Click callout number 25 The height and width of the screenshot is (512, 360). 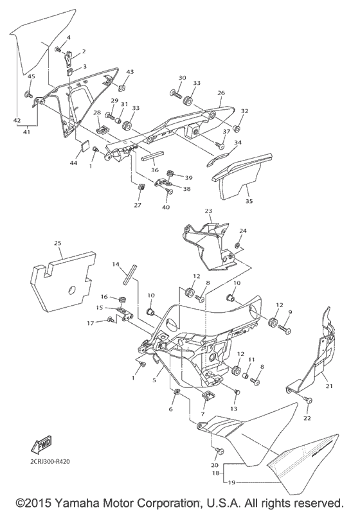click(58, 244)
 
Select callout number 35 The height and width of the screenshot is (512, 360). click(249, 201)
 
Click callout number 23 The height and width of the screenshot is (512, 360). click(208, 211)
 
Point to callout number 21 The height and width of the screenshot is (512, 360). click(330, 385)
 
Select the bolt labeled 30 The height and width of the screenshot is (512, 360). click(175, 94)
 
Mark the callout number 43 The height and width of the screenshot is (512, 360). click(130, 71)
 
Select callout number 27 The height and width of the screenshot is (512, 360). click(138, 205)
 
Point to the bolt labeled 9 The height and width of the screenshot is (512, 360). click(283, 328)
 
